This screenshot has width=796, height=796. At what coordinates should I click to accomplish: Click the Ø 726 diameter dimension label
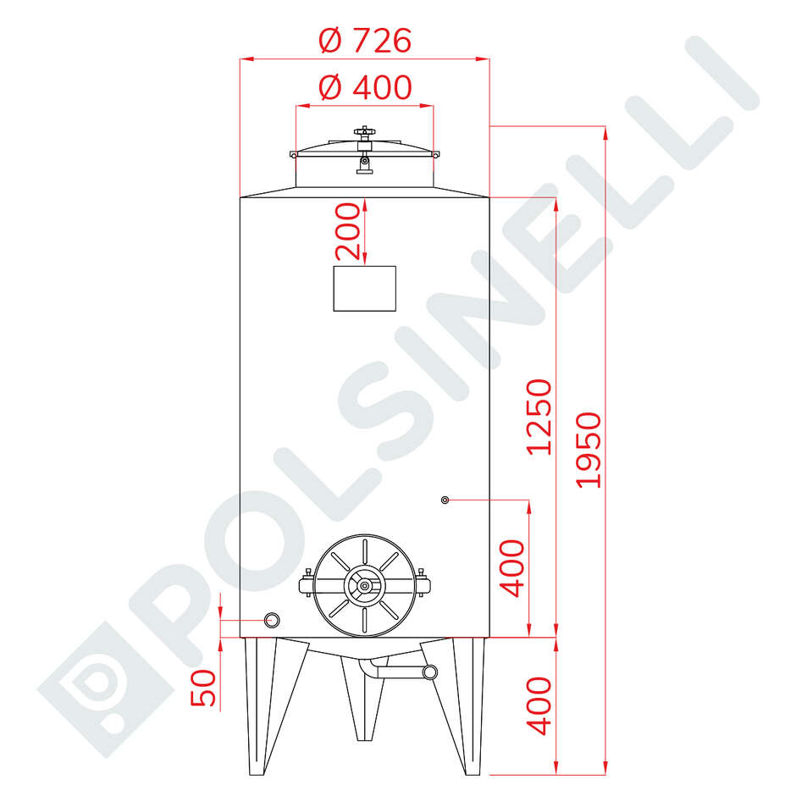click(365, 41)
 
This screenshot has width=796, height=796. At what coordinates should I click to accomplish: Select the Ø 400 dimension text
click(365, 87)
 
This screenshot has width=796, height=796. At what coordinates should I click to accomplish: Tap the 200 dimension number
click(348, 231)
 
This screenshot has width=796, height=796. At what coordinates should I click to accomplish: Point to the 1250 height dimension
click(539, 417)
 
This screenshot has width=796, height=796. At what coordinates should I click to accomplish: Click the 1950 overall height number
click(589, 451)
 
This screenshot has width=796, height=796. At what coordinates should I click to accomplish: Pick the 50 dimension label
click(203, 688)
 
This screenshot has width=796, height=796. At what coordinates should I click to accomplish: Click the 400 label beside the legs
click(539, 705)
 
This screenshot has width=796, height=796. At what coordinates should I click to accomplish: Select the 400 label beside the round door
click(511, 568)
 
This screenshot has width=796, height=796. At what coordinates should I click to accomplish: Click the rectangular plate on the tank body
click(364, 289)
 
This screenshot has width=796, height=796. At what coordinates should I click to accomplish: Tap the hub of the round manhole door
click(364, 586)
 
